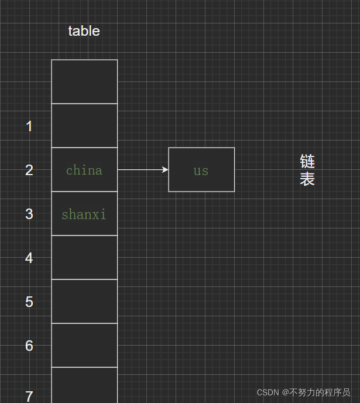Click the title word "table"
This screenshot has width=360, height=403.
[84, 31]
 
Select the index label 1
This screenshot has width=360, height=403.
[29, 126]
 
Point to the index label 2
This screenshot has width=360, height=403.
[29, 170]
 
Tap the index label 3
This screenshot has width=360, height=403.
[29, 214]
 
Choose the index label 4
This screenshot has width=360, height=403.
[29, 258]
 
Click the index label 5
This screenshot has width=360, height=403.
[29, 302]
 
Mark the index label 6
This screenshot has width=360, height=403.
[29, 346]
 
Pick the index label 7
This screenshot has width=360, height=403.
[29, 395]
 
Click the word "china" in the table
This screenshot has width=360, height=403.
[84, 170]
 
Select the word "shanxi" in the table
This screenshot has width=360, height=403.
[84, 214]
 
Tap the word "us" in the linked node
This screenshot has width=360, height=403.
[201, 170]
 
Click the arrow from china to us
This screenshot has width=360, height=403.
[143, 170]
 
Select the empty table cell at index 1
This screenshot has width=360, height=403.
[84, 125]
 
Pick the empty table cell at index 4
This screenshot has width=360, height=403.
[84, 257]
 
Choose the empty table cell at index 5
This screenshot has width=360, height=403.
[84, 301]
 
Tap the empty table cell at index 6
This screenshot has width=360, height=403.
[84, 345]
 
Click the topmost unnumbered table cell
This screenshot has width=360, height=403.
[84, 81]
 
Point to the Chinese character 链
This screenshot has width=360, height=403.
[307, 161]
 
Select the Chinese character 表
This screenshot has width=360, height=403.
[307, 179]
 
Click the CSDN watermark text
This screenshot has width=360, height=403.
[303, 392]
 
